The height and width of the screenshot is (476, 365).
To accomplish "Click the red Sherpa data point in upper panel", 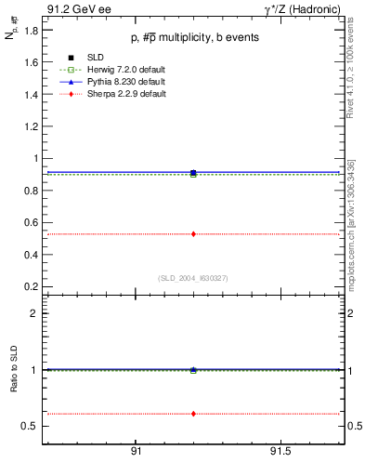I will tap(193, 233).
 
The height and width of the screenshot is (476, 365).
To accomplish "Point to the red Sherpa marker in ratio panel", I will tap(193, 413).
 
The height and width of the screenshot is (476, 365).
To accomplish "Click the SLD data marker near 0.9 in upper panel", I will tap(193, 173).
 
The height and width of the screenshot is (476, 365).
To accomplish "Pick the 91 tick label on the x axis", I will tap(136, 451).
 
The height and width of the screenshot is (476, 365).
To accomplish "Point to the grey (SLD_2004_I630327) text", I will tap(193, 278).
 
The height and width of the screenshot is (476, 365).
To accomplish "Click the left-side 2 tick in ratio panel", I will tap(34, 313).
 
